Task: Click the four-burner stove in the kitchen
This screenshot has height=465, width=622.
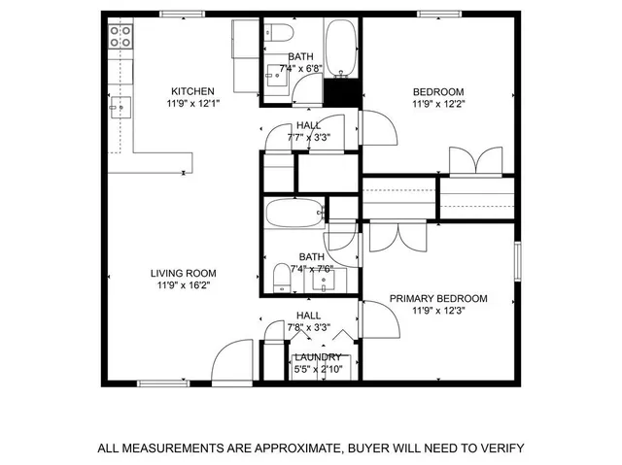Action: pos(121,37)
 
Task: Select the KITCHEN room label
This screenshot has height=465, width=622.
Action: pos(192,92)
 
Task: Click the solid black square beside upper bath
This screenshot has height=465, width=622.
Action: pos(339,94)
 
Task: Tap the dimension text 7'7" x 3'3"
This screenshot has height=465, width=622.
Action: pos(309,138)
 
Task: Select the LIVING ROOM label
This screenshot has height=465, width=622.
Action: pos(183,273)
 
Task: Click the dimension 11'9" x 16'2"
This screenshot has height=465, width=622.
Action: pos(183,286)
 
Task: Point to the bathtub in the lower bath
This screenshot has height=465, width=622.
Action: pos(294,214)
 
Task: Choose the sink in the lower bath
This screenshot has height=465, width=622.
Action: pos(328,281)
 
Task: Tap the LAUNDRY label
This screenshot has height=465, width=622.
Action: pos(318,357)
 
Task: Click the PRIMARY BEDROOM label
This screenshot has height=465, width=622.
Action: pos(438,298)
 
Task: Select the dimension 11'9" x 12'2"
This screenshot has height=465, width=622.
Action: pos(438,105)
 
